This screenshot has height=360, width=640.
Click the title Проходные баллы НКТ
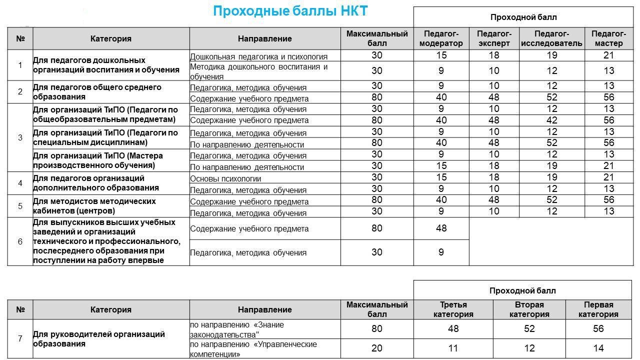point(290,11)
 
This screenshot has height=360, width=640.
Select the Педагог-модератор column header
point(441,38)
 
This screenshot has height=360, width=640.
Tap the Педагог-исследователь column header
point(551,38)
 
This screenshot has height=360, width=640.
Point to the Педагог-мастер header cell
point(608,38)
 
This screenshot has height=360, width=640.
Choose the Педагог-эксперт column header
point(494,38)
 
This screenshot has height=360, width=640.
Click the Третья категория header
point(453,309)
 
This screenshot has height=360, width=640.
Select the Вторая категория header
point(529,309)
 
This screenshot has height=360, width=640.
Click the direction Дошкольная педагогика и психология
point(258,56)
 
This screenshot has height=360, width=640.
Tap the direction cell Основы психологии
point(225,178)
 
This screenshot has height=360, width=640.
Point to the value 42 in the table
point(551,120)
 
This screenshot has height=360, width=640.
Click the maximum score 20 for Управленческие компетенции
point(377,348)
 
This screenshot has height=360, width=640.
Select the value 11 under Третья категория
point(453,348)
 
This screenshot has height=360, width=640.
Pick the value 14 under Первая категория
point(598,348)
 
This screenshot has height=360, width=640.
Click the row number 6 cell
point(20,241)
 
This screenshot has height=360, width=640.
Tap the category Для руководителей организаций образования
point(99,339)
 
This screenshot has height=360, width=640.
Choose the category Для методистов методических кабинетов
point(94,206)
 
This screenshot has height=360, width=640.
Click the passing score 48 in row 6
point(441,228)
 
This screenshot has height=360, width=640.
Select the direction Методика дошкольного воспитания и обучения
point(258,71)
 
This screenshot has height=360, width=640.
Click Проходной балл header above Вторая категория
point(522,290)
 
